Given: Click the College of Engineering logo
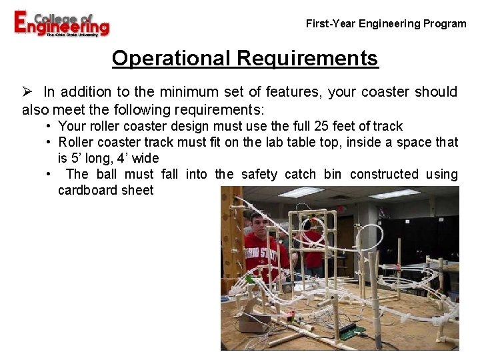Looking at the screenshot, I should [x=61, y=24].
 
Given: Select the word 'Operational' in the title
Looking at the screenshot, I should [x=171, y=59].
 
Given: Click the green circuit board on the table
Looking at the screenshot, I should [x=353, y=330].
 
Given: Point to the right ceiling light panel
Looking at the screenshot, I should [x=395, y=194].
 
